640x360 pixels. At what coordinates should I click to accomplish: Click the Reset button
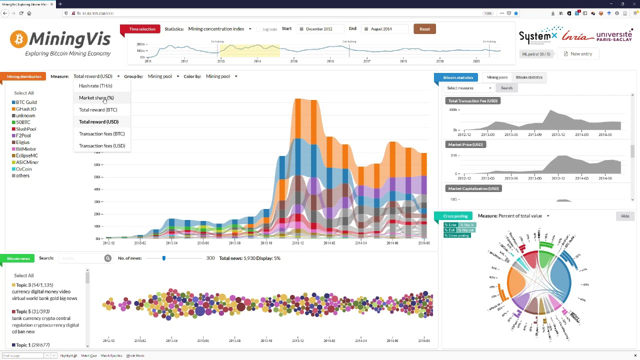click(424, 29)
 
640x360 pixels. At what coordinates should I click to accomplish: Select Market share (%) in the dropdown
click(96, 98)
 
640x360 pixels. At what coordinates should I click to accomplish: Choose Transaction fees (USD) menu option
click(102, 146)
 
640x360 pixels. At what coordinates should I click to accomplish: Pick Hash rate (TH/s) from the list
click(95, 86)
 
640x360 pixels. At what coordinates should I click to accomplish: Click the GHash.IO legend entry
click(25, 109)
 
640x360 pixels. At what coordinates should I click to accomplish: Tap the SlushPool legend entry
click(25, 129)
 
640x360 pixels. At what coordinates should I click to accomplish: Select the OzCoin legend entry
click(23, 169)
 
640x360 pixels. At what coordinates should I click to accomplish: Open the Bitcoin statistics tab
click(529, 77)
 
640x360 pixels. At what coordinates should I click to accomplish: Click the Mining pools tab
click(497, 77)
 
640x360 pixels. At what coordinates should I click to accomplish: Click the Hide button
click(625, 216)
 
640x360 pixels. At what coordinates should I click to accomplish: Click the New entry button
click(577, 54)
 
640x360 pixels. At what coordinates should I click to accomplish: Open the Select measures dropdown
click(468, 88)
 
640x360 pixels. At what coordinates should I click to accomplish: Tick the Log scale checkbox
click(259, 29)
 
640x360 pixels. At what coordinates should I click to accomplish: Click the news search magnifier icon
click(107, 258)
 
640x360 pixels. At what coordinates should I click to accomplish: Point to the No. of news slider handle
click(163, 258)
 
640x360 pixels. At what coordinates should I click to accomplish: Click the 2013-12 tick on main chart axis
click(297, 243)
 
